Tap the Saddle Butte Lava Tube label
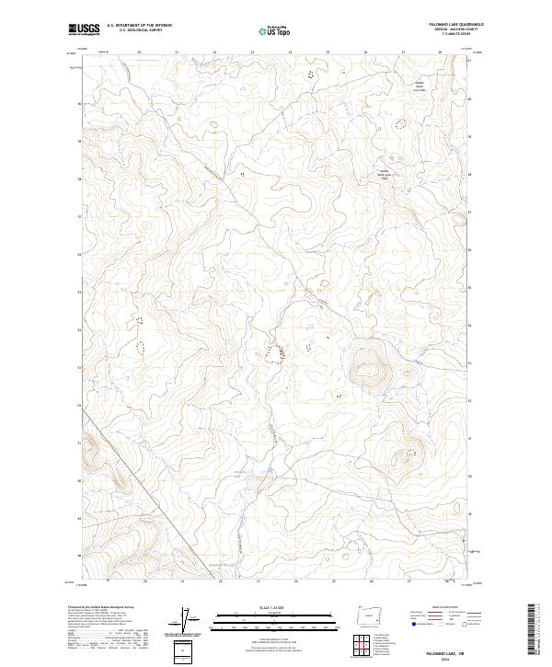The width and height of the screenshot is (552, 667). pyautogui.click(x=417, y=88)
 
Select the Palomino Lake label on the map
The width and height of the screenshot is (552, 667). pyautogui.click(x=240, y=473)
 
